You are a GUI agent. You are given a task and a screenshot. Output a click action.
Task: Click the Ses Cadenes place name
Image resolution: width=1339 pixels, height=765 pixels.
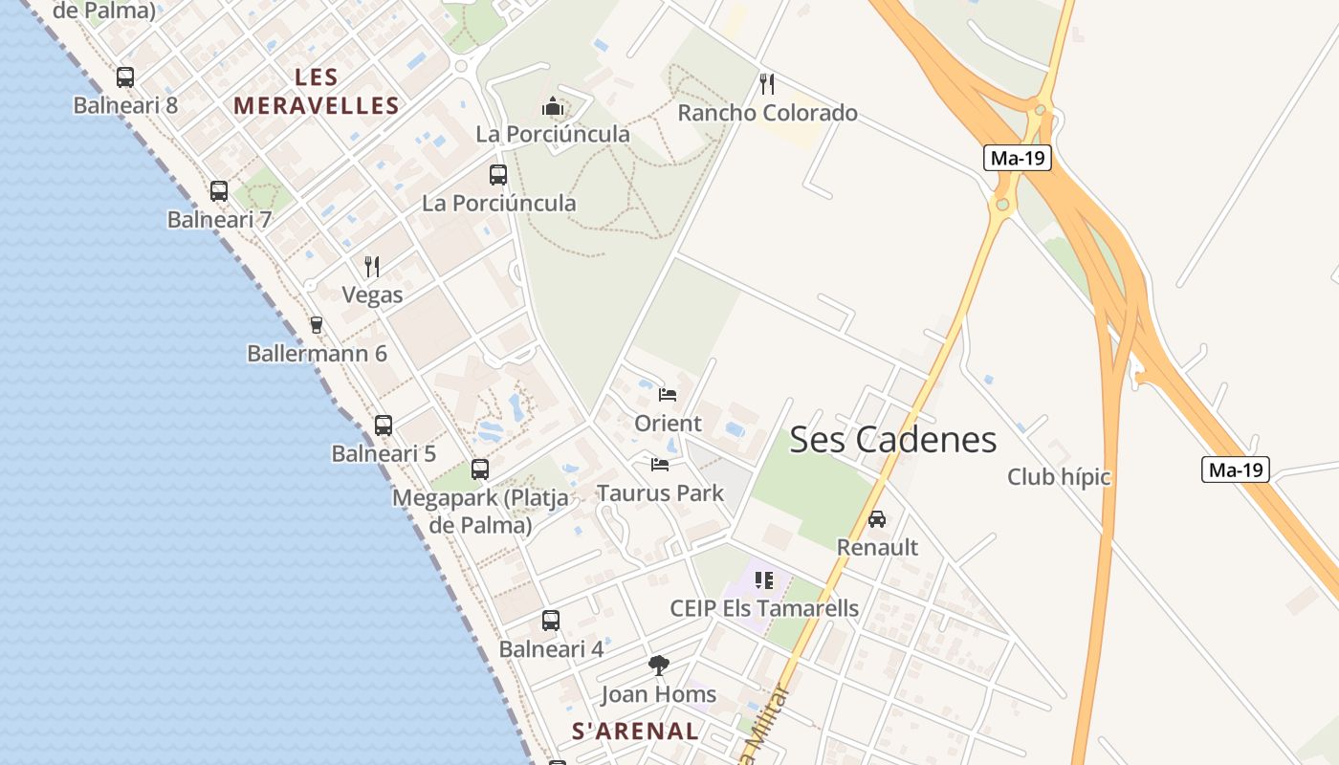[x=892, y=440]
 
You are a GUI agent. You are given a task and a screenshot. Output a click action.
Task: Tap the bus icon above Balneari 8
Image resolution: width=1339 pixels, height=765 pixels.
[x=125, y=77]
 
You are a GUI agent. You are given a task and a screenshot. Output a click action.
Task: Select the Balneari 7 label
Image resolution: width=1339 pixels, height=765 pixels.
[x=219, y=220]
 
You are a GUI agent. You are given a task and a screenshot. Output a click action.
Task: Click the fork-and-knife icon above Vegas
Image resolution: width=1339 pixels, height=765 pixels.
[x=372, y=266]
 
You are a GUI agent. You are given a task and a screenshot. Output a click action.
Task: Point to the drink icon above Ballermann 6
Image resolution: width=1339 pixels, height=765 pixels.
[x=317, y=325]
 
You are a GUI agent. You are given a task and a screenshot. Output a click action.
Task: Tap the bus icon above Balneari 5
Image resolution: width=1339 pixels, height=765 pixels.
[x=384, y=426]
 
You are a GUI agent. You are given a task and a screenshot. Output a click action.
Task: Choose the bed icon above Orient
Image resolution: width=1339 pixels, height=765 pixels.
[x=668, y=394]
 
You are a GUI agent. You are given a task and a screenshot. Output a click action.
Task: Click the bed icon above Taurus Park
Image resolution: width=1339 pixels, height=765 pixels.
[x=660, y=465]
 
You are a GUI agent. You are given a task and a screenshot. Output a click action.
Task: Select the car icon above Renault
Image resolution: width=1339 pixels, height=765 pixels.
[x=877, y=519]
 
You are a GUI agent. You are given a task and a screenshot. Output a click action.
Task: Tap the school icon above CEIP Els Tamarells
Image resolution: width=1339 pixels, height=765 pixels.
[x=763, y=579]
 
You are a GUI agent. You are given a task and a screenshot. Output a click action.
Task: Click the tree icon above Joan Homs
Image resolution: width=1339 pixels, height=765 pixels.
[x=658, y=665]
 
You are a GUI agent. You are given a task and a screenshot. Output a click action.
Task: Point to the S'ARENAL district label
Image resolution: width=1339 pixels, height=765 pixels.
[x=635, y=732]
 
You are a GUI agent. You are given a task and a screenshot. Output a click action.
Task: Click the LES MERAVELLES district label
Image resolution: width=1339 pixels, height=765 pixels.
[x=317, y=92]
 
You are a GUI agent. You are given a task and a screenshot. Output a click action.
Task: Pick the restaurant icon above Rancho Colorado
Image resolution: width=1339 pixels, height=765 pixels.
[x=767, y=84]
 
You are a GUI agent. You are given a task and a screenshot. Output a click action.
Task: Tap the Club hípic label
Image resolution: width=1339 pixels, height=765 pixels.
[x=1059, y=476]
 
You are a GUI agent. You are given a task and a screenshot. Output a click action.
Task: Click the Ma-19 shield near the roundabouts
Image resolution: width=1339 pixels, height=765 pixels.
[x=1018, y=158]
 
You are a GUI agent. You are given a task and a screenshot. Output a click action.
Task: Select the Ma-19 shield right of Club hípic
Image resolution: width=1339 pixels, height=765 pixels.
[x=1236, y=470]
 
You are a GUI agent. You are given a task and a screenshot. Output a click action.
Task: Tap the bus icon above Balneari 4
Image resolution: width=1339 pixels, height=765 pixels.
[x=551, y=621]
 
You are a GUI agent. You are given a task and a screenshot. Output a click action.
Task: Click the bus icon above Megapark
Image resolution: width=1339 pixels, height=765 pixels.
[x=480, y=470]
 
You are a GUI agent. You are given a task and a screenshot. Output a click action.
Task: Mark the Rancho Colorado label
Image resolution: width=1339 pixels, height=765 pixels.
[x=767, y=113]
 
